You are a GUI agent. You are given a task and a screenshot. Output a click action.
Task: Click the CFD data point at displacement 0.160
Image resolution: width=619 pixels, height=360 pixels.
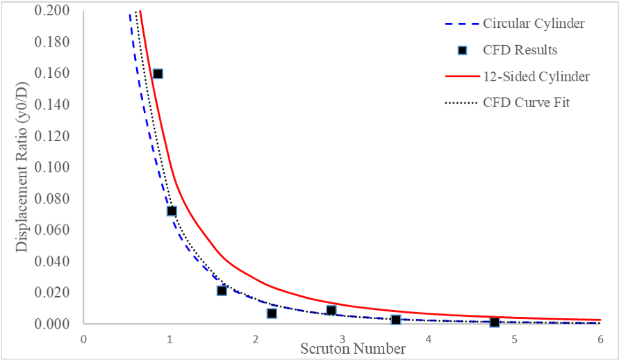tap(158, 74)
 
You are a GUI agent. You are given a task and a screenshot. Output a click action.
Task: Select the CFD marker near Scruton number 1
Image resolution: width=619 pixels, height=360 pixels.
tap(172, 211)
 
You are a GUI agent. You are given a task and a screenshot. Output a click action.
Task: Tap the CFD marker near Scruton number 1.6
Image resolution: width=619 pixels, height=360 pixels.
tap(222, 291)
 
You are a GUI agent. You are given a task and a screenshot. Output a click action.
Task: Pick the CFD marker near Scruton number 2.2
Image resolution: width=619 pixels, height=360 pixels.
tap(272, 313)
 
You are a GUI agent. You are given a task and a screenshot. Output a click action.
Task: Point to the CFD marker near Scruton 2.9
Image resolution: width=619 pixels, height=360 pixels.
tap(331, 310)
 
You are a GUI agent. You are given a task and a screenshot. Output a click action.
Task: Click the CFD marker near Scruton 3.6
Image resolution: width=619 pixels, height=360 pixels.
tap(395, 320)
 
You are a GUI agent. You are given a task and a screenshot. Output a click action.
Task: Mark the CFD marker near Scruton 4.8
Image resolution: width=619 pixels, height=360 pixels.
tap(494, 322)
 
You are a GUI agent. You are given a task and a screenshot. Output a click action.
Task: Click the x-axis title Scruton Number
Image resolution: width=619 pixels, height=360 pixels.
tap(353, 348)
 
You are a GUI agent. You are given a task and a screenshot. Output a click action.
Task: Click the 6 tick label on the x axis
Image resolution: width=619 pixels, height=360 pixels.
tap(600, 339)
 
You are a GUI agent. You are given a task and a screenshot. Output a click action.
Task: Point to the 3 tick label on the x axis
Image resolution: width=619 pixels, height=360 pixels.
tap(342, 339)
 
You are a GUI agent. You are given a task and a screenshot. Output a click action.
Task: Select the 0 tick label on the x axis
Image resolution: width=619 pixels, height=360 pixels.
tap(83, 339)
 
